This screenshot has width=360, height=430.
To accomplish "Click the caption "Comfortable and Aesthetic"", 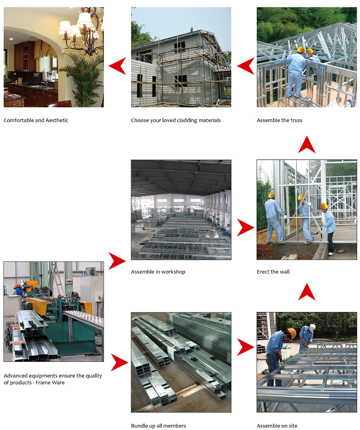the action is coord(36,120).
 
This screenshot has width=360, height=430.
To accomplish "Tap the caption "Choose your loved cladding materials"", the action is coord(176,120).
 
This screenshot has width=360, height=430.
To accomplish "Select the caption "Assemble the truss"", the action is coord(280,120).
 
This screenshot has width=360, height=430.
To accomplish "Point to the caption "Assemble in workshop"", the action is coord(158,272).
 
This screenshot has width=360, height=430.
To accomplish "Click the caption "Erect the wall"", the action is coord(273,272).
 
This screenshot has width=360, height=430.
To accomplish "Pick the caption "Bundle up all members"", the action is coord(158,426).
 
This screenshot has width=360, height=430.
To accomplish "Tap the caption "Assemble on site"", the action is coord(277,426).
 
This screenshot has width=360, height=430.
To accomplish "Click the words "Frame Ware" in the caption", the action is coord(50,383).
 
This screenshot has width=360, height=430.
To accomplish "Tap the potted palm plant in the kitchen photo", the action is coord(83,80).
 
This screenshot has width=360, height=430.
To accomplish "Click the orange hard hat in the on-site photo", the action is coord(292,333).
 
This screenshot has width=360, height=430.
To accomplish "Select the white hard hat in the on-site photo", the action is coord(312,327).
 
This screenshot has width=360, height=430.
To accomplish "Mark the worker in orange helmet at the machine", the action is coord(19,289).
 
